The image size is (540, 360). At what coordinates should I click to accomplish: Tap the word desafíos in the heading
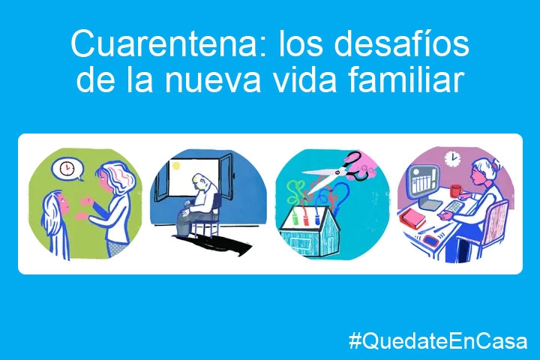click(400, 43)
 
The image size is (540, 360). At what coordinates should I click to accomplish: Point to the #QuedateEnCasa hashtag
click(438, 341)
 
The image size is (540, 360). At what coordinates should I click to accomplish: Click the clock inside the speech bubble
click(67, 168)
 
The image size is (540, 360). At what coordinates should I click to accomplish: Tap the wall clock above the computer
click(452, 158)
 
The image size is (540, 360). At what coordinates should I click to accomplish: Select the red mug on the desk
click(456, 190)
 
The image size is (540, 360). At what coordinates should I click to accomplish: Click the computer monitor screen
click(421, 182)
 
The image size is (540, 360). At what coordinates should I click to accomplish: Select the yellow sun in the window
click(175, 166)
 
